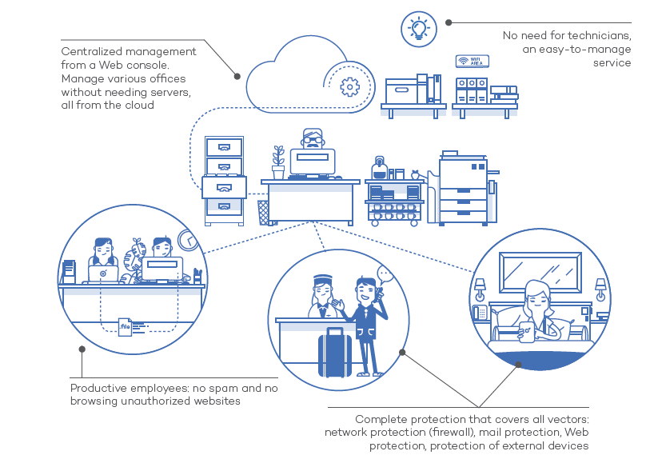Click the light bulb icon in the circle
tap(419, 29)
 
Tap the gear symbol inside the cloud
tap(350, 87)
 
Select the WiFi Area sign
tap(473, 62)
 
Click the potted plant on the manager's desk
tap(278, 162)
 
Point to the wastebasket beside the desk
tap(263, 213)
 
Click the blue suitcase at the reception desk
tap(335, 353)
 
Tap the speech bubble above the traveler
tap(385, 275)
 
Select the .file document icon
tap(125, 327)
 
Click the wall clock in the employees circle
tap(188, 240)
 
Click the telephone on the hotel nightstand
tap(480, 313)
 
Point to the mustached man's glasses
tap(313, 140)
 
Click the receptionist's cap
tap(322, 279)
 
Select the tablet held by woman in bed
tap(526, 333)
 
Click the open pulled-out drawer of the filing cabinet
tap(224, 187)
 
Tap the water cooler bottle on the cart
tap(379, 168)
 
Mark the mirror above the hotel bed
tap(540, 273)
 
